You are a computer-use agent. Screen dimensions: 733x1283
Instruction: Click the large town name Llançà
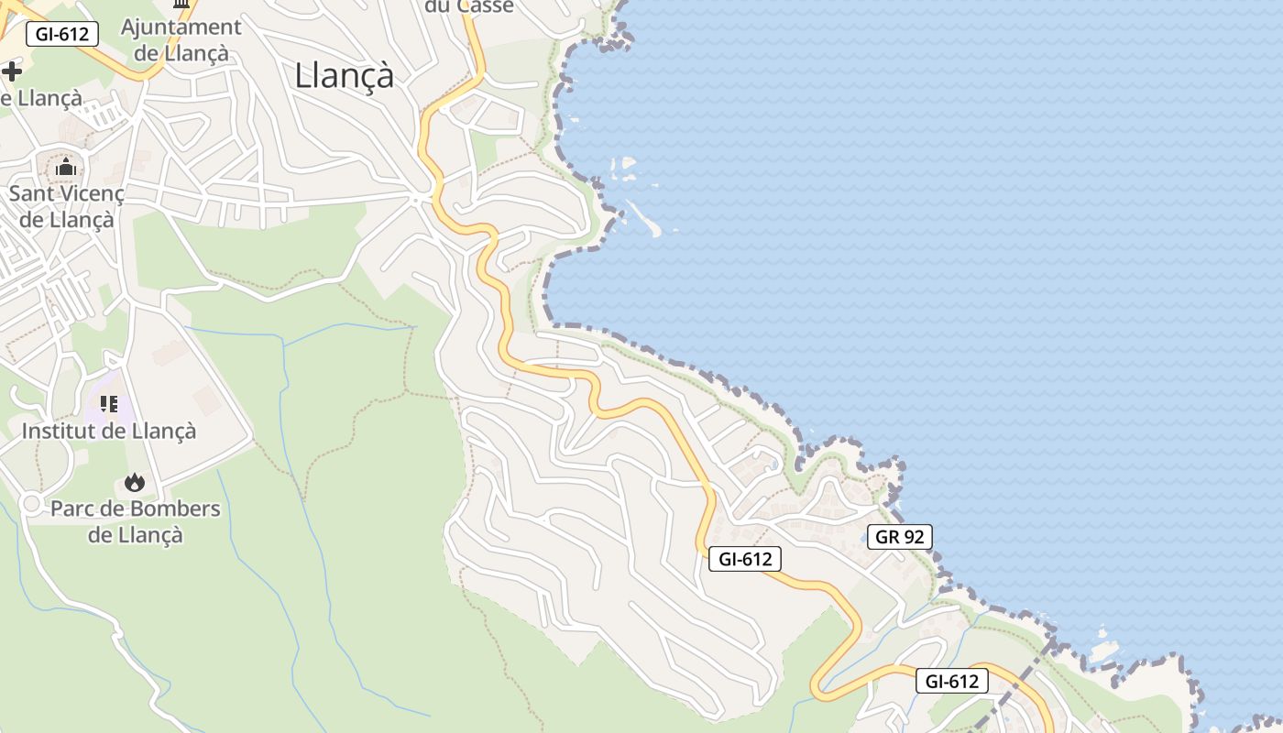coord(344,75)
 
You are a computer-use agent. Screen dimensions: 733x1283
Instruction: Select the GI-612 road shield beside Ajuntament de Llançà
coord(62,35)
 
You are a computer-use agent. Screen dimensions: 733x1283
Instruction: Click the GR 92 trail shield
coord(899,537)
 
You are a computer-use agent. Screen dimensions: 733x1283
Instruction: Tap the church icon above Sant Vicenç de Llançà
coord(66,168)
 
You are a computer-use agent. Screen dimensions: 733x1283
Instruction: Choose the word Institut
coord(59,431)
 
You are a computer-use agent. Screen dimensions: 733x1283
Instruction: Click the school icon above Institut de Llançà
coord(109,404)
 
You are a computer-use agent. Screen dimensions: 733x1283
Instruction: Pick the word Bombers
coord(175,509)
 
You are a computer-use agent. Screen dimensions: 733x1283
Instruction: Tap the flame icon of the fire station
coord(135,482)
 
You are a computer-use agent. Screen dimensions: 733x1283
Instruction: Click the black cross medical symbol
coord(11,71)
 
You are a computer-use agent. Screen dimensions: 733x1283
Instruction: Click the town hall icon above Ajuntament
coord(181,4)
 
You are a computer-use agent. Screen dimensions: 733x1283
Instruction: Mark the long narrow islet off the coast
coord(645,217)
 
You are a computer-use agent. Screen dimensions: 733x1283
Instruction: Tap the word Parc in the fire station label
coord(73,509)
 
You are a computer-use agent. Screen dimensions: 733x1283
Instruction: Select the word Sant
coord(33,194)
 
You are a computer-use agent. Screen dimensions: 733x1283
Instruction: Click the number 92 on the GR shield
coord(914,537)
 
